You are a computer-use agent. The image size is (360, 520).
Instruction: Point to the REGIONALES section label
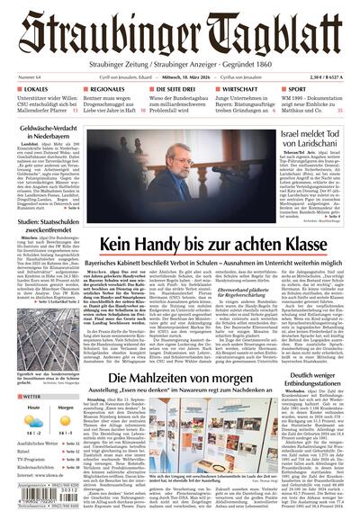coord(107,91)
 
